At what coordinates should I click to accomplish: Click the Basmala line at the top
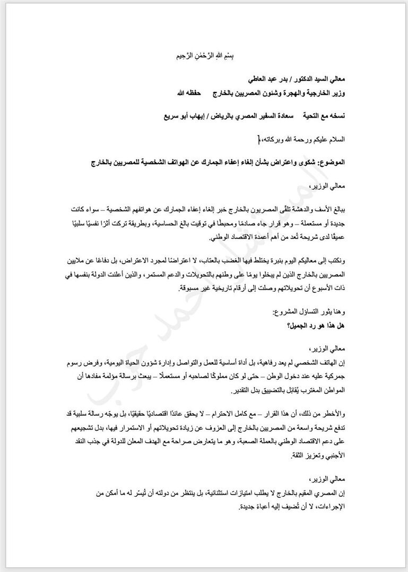tap(203, 56)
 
